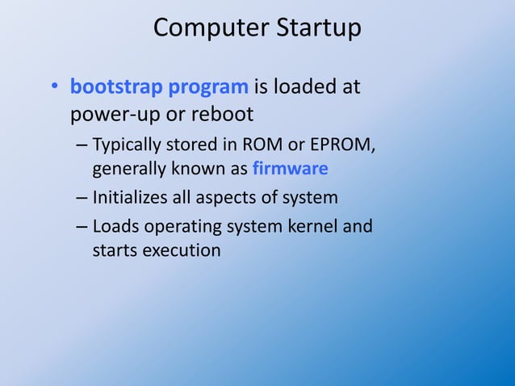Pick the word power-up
point(115,112)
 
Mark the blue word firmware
point(290,170)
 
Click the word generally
point(127,170)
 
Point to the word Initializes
point(131,198)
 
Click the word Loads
point(114,226)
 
